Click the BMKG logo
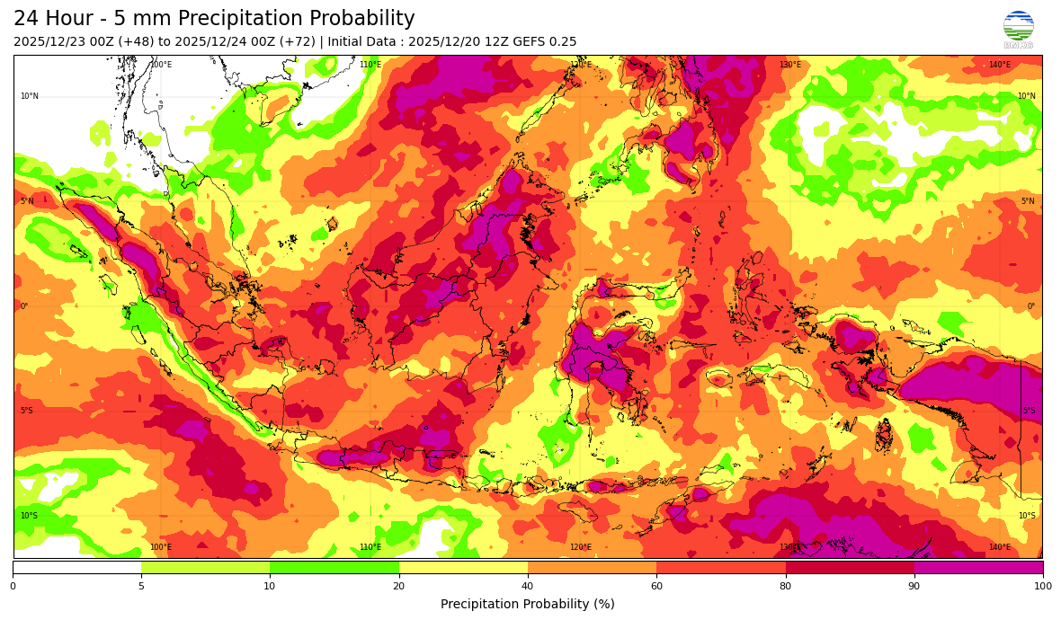[x=1018, y=28]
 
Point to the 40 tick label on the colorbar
[x=398, y=587]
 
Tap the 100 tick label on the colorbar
[x=1042, y=587]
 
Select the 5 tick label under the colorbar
[x=141, y=587]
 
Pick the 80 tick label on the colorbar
[x=785, y=587]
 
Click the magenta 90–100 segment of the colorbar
[x=978, y=567]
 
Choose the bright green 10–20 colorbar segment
[x=334, y=567]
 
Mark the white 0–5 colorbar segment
[x=76, y=567]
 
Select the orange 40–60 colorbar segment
[x=592, y=567]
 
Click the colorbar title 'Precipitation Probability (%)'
[x=528, y=604]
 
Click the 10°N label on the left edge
[x=29, y=96]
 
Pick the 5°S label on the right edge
[x=1029, y=411]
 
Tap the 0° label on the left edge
[x=24, y=306]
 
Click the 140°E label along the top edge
[x=999, y=65]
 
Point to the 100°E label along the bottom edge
[x=160, y=547]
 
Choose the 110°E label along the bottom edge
[x=370, y=547]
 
